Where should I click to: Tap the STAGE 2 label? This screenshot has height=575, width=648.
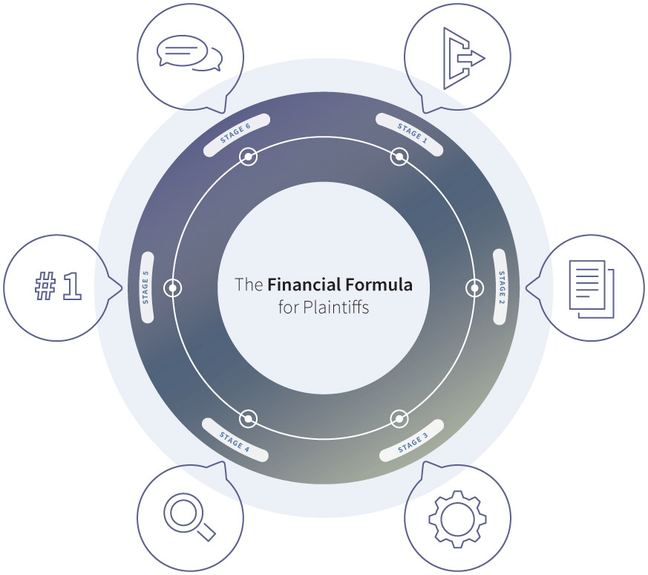click(x=500, y=287)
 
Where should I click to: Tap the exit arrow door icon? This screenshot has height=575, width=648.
click(x=464, y=59)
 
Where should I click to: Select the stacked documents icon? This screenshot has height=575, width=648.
click(x=592, y=289)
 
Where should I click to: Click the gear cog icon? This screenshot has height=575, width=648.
click(x=456, y=519)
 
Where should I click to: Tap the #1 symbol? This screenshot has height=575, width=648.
click(x=59, y=285)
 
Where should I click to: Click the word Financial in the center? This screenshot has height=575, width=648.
click(x=304, y=285)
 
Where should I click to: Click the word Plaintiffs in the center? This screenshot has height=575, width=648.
click(x=336, y=308)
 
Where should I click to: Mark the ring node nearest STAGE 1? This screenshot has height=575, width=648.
click(x=399, y=157)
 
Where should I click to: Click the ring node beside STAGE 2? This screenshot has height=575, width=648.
click(x=475, y=288)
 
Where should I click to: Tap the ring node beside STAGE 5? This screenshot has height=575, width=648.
click(x=172, y=287)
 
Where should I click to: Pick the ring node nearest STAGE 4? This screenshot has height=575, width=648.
click(x=248, y=419)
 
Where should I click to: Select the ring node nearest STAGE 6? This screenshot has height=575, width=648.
click(x=248, y=157)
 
